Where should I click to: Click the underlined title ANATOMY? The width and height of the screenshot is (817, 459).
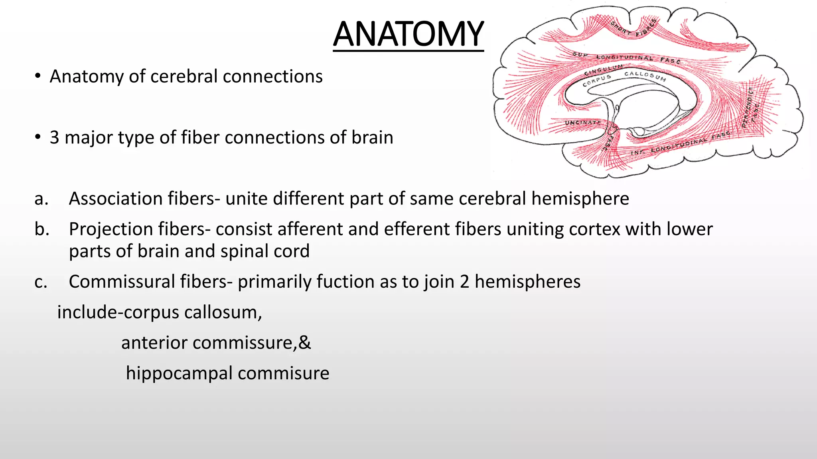tap(408, 35)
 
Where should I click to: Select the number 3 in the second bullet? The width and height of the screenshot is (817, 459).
tap(55, 138)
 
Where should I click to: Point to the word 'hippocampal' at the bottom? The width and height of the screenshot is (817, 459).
tap(179, 374)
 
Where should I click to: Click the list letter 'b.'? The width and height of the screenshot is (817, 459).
tap(42, 229)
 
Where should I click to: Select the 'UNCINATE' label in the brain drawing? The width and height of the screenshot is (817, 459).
tap(583, 123)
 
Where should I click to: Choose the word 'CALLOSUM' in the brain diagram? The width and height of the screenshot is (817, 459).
tap(645, 76)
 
